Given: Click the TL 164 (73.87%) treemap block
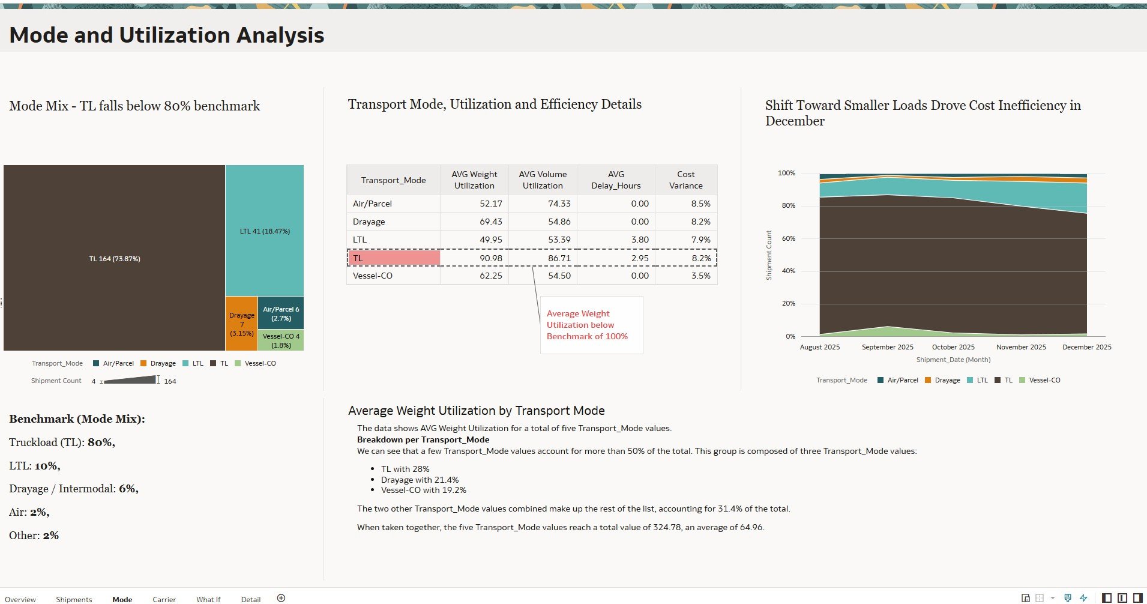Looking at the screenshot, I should [x=115, y=259].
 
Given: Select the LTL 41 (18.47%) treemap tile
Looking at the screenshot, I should [x=265, y=231].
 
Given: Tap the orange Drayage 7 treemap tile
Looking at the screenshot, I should [x=242, y=324].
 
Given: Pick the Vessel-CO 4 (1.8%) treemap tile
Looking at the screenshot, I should [x=281, y=340].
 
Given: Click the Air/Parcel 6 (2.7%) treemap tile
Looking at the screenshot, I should [x=281, y=313].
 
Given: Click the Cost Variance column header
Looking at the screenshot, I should [x=685, y=180].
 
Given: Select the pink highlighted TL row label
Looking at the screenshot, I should [x=394, y=258].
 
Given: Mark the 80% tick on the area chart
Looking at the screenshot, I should [x=786, y=205].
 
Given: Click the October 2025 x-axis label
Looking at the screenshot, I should [x=953, y=347].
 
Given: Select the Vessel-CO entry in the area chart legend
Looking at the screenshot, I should [x=1044, y=380].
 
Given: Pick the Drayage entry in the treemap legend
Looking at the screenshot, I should [x=163, y=363].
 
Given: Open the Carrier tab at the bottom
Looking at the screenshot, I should [x=164, y=599].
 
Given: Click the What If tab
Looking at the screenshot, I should [x=208, y=599].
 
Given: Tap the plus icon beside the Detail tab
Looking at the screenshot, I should [x=281, y=598].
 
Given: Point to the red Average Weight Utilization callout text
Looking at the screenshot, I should [x=586, y=325].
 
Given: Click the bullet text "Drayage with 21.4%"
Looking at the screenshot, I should [x=420, y=480].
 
